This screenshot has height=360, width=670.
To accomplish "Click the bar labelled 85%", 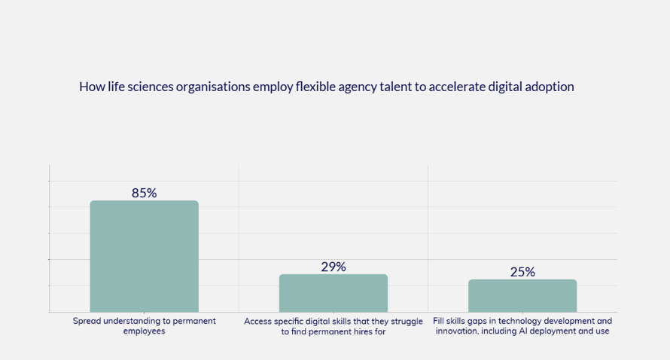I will click(144, 256).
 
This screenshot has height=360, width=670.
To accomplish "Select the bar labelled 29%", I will click(333, 293).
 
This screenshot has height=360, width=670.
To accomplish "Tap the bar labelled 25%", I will click(522, 295).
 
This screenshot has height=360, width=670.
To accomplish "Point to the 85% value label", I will click(144, 193).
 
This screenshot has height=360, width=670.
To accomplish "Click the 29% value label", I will click(333, 267).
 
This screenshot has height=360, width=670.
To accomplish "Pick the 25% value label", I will click(522, 272).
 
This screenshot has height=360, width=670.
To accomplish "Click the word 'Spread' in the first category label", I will click(87, 321).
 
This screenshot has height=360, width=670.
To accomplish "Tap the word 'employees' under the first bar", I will click(144, 331).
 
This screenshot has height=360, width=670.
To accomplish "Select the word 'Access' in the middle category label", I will click(259, 321).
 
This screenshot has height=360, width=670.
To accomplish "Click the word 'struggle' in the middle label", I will click(407, 321).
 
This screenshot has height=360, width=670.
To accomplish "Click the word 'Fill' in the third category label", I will click(440, 321).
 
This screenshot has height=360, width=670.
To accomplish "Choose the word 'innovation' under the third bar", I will click(459, 331).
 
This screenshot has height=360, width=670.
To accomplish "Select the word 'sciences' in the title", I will click(150, 87).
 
